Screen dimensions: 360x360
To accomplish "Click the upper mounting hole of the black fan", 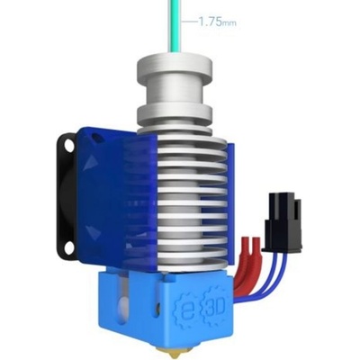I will (67, 145).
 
